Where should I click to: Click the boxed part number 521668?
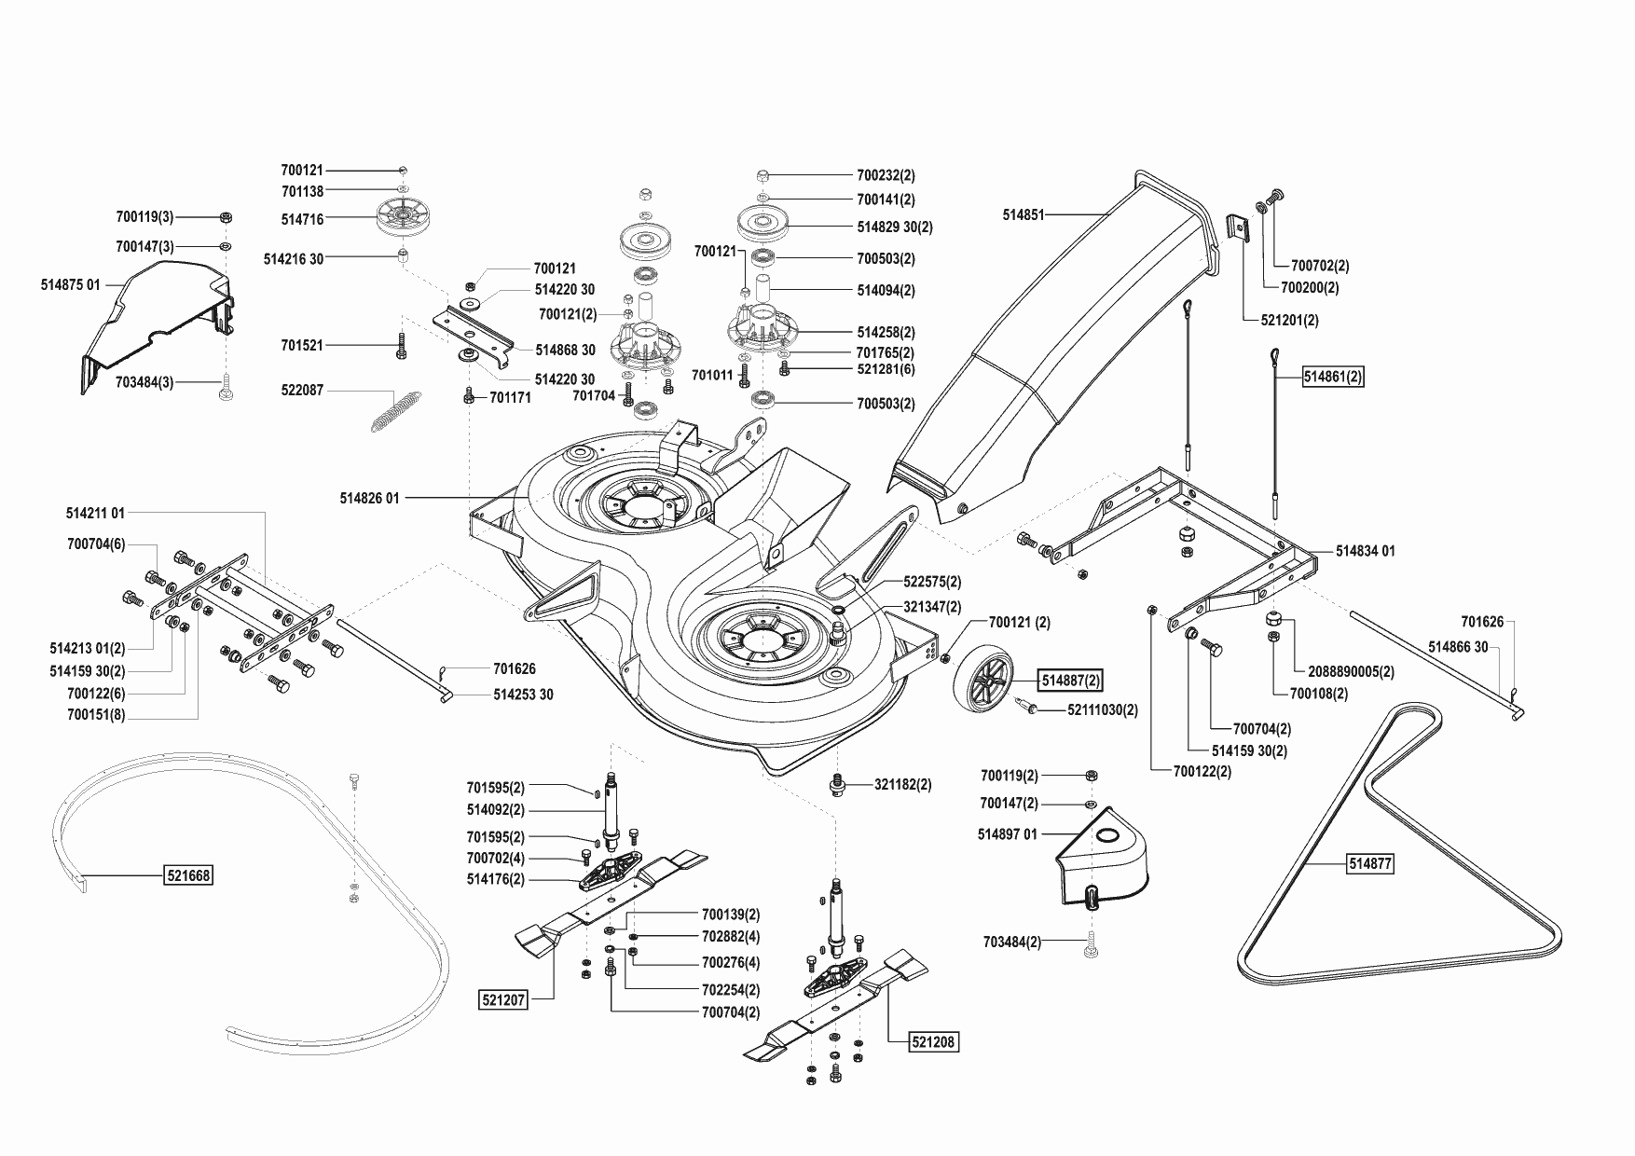188,875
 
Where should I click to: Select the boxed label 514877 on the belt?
1369,864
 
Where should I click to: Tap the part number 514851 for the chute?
1023,214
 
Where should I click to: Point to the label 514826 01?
369,499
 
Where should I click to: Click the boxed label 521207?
504,1000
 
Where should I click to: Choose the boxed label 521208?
934,1041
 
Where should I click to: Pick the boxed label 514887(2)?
1071,681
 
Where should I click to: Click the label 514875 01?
70,285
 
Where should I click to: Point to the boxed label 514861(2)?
1333,377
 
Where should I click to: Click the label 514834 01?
1365,551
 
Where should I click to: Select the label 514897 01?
1007,834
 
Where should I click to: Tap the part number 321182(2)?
902,785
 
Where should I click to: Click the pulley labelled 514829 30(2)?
763,224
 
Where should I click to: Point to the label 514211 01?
95,513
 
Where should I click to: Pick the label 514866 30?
1458,646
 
